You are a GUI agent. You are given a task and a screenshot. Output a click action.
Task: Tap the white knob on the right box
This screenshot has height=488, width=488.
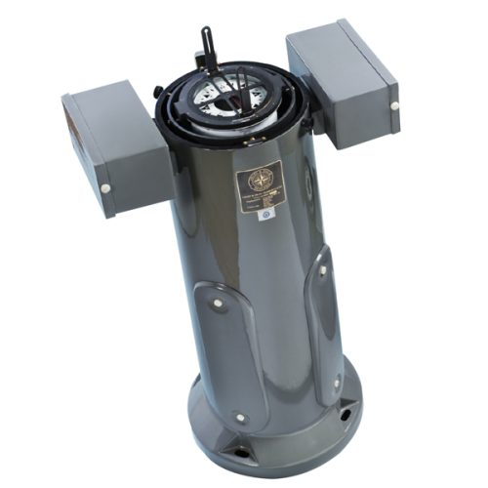[x=393, y=105]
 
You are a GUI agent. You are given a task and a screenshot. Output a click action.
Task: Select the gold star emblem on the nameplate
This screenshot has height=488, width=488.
[x=260, y=179]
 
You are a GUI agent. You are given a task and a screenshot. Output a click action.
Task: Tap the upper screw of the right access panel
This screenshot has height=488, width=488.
[x=321, y=270]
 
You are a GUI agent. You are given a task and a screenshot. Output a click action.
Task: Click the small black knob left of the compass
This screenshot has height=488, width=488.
[x=157, y=93]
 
